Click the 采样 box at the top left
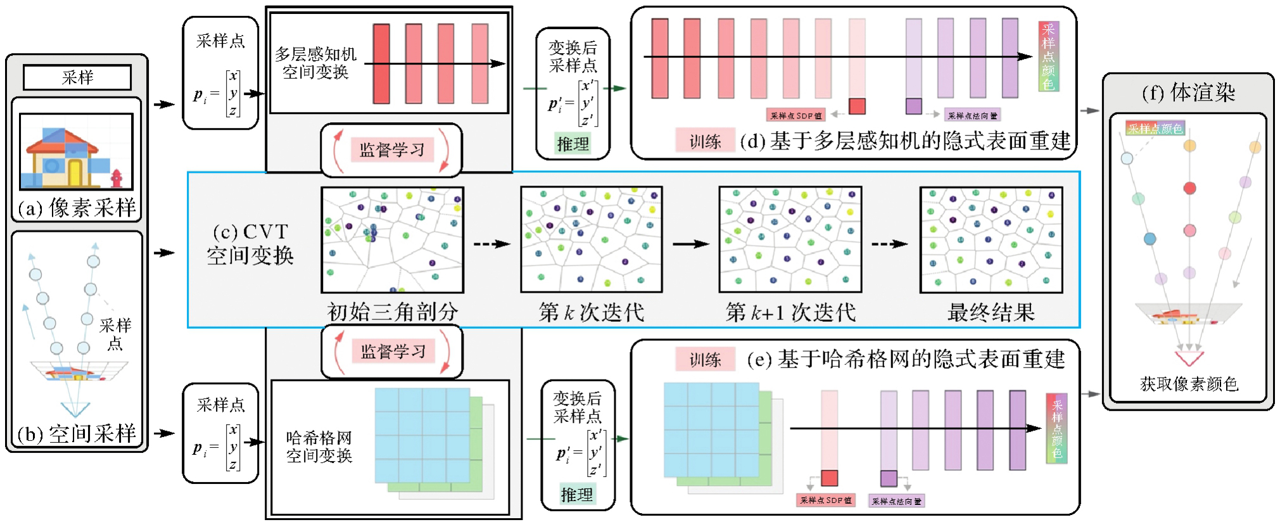point(77,77)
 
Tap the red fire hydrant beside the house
point(116,178)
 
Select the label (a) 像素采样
point(77,208)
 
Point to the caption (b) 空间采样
point(77,434)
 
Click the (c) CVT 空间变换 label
point(250,244)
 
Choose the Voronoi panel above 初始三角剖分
point(392,239)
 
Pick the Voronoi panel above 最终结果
point(991,239)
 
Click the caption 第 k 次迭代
point(591,312)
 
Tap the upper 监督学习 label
point(392,150)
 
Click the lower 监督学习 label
point(393,352)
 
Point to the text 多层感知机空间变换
point(315,63)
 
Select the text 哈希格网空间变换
point(319,447)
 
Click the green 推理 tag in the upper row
point(573,144)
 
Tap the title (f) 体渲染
point(1188,93)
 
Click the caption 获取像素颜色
point(1189,384)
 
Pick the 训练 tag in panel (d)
point(705,141)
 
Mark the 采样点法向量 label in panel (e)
point(896,501)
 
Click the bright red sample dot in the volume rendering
point(1189,188)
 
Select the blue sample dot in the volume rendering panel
point(1150,239)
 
